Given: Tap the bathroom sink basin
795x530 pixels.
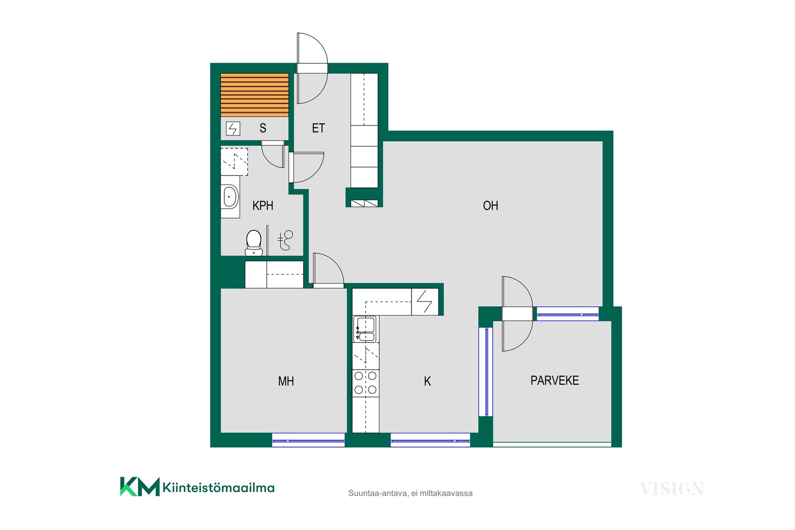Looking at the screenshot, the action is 230,197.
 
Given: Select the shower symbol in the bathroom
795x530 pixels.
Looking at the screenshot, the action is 285,240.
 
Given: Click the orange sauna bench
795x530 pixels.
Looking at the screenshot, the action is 255,95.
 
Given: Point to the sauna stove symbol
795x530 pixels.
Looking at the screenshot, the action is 233,129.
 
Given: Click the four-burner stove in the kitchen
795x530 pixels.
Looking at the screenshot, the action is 366,383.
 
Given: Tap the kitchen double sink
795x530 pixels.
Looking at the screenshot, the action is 364,329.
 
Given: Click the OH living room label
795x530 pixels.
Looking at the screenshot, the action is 491,206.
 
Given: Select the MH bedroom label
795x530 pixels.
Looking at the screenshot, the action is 286,381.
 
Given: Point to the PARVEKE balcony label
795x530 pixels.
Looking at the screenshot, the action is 555,381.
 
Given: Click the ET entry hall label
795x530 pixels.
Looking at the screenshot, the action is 318,128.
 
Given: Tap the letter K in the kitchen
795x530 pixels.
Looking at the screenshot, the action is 427,381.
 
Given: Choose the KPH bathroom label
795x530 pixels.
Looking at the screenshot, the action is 263,206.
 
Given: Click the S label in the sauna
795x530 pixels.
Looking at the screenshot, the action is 263,128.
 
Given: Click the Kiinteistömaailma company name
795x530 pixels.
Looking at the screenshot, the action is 219,488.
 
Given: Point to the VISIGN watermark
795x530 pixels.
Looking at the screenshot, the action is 672,489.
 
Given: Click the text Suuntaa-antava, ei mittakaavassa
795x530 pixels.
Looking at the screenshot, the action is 410,493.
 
